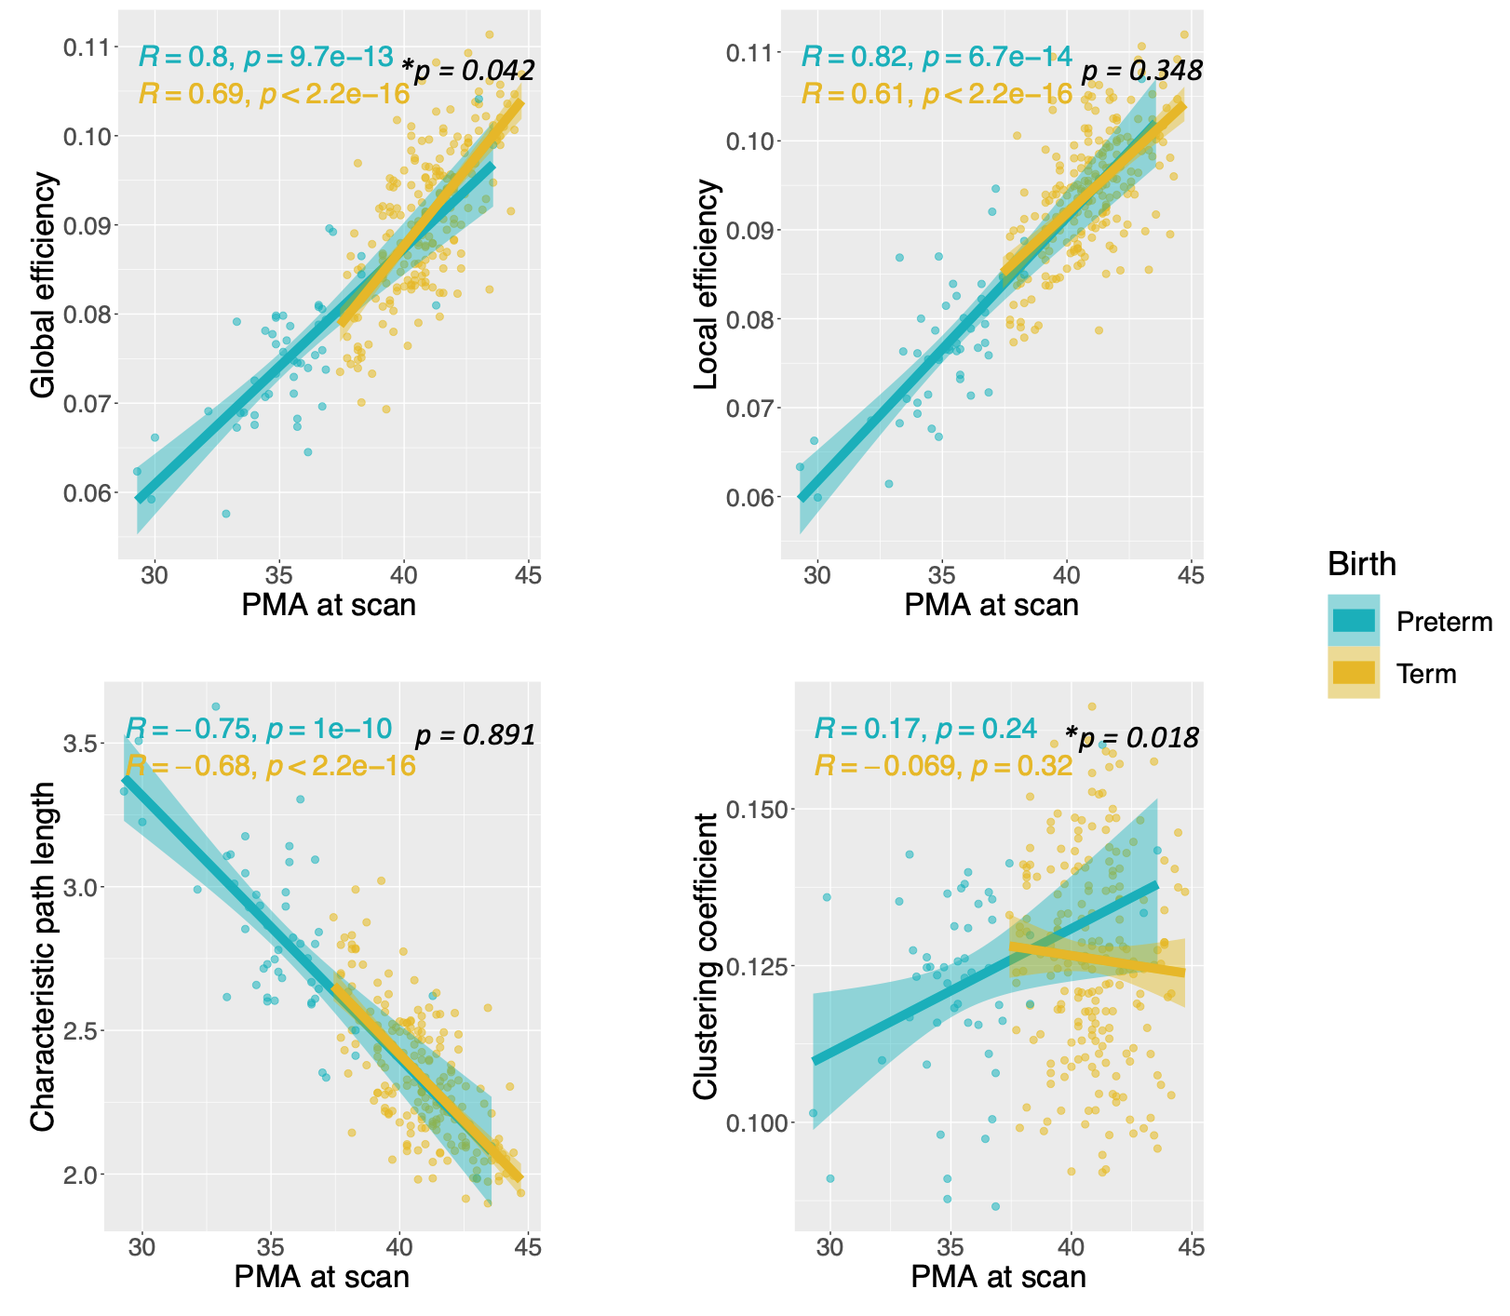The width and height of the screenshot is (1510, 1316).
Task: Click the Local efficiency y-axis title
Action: [x=708, y=284]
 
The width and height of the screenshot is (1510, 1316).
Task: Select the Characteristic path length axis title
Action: [x=44, y=956]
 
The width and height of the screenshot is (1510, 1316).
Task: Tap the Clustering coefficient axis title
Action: [x=708, y=956]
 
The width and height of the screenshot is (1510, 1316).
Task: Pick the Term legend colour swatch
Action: [x=1354, y=673]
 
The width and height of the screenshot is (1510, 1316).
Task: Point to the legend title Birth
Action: [x=1361, y=564]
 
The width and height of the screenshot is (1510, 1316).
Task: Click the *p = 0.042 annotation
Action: [x=467, y=70]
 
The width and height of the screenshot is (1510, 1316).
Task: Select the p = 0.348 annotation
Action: [x=1141, y=70]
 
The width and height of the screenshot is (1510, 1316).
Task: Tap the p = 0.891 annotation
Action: [x=475, y=735]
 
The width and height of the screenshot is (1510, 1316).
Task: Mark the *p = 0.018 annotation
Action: [x=1132, y=738]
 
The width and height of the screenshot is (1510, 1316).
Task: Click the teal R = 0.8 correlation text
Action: [x=266, y=57]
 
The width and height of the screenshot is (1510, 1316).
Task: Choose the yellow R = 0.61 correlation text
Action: [x=937, y=94]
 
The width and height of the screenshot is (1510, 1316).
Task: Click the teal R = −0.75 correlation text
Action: [x=259, y=729]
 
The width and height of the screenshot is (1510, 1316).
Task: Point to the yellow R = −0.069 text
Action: [x=943, y=766]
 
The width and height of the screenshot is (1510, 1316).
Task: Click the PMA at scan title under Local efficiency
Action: [x=991, y=605]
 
